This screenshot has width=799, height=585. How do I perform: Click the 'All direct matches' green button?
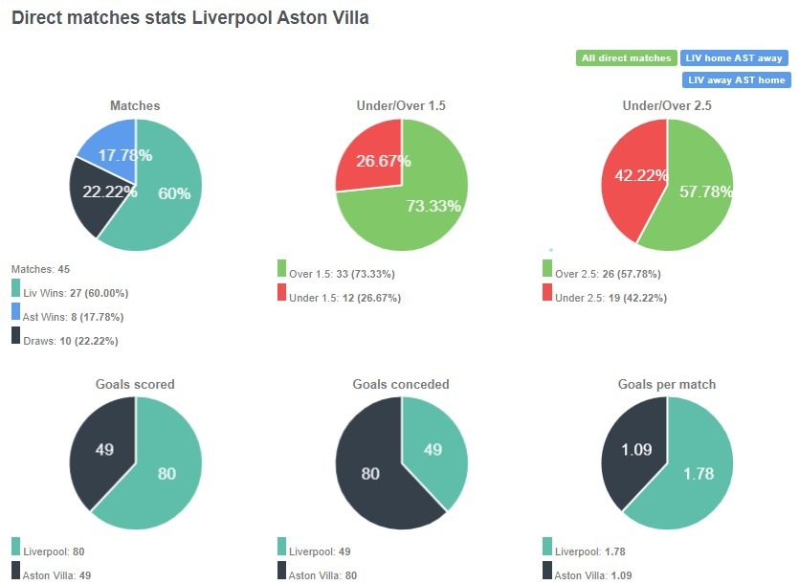[627, 58]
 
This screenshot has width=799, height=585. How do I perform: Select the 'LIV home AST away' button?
[735, 58]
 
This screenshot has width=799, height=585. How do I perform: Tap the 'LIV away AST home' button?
[736, 80]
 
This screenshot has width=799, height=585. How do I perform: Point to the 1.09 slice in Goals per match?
[633, 450]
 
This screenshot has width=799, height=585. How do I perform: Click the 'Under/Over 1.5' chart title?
[402, 105]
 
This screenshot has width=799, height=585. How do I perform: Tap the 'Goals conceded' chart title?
[401, 384]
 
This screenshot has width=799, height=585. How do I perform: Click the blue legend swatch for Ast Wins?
[16, 311]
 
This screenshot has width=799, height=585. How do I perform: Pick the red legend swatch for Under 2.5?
[547, 292]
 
